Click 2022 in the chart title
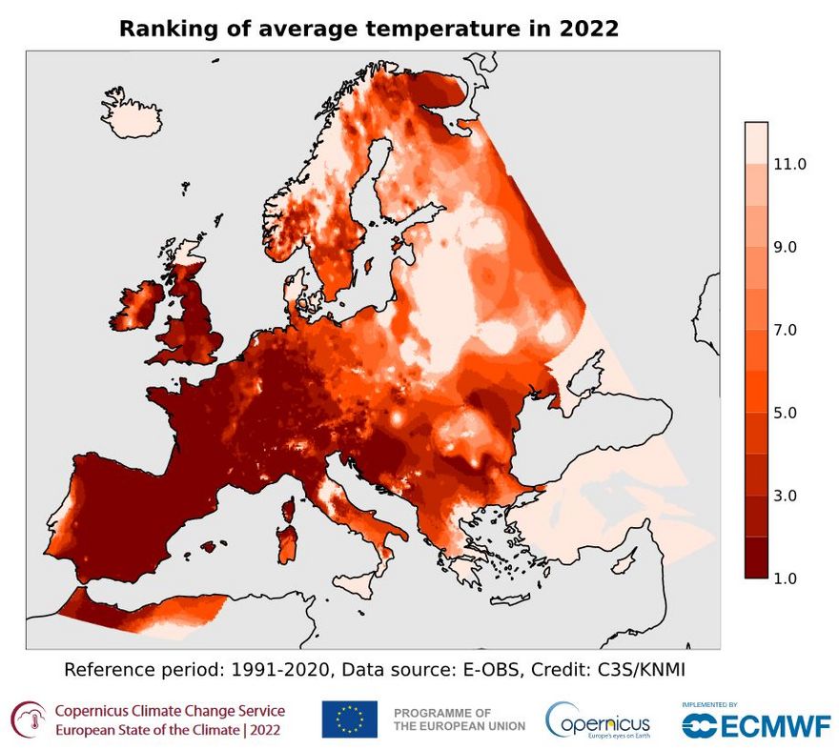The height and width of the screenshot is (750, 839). click(x=586, y=29)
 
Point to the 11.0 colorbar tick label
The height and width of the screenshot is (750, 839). click(x=790, y=164)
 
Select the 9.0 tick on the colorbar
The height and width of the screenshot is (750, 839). click(x=787, y=247)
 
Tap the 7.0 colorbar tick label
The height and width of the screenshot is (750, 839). click(x=787, y=330)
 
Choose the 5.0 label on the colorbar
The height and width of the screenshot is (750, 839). click(x=787, y=413)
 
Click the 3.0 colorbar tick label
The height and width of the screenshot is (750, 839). click(x=787, y=496)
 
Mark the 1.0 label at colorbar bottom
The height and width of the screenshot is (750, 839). click(x=787, y=578)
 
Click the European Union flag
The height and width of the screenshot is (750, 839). click(x=349, y=720)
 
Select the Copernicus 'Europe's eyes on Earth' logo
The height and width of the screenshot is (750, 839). click(x=598, y=721)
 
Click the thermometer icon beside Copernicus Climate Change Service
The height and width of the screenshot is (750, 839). click(x=30, y=720)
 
